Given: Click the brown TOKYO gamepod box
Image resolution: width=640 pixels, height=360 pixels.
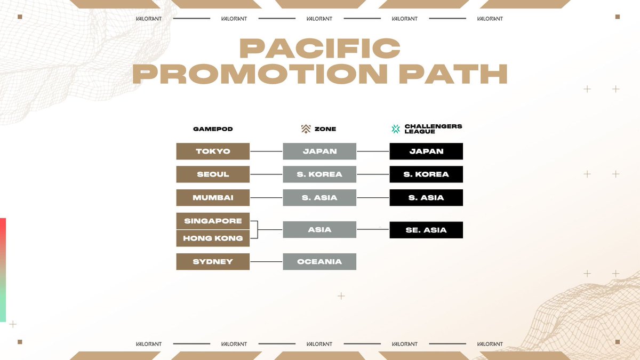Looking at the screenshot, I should click(x=213, y=151).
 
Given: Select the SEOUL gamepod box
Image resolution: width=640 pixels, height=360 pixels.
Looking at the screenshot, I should click(x=213, y=174).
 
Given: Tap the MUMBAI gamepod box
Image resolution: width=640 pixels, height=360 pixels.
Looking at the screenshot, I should click(x=213, y=197).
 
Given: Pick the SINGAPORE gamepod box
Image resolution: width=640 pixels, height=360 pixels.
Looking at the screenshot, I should click(x=213, y=221).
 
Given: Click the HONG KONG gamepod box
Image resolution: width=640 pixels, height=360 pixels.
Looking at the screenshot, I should click(x=213, y=238).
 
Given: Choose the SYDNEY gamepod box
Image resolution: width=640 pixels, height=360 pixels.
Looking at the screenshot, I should click(x=213, y=261).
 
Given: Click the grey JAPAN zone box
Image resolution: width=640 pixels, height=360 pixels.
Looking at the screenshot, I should click(x=319, y=151).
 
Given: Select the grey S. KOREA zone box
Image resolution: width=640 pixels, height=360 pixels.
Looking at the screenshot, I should click(x=319, y=174).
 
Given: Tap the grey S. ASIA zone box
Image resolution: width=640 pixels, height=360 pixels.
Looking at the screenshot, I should click(x=319, y=197).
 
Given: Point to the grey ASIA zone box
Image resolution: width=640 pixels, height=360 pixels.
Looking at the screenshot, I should click(x=319, y=230).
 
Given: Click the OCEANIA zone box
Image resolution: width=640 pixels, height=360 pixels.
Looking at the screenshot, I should click(x=319, y=261).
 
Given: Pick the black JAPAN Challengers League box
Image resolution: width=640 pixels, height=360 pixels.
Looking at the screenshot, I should click(x=426, y=151).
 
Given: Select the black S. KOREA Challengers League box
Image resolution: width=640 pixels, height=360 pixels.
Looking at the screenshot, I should click(x=426, y=174).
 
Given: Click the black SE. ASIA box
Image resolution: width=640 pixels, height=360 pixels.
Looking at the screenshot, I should click(x=426, y=230).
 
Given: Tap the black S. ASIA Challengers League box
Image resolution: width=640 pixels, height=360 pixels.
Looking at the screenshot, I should click(x=426, y=197).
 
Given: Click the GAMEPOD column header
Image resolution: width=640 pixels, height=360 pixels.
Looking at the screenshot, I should click(x=213, y=129).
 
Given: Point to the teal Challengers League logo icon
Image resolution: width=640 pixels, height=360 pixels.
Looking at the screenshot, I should click(x=395, y=129).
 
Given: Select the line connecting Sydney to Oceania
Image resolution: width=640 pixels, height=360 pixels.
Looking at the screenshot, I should click(x=266, y=261).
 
